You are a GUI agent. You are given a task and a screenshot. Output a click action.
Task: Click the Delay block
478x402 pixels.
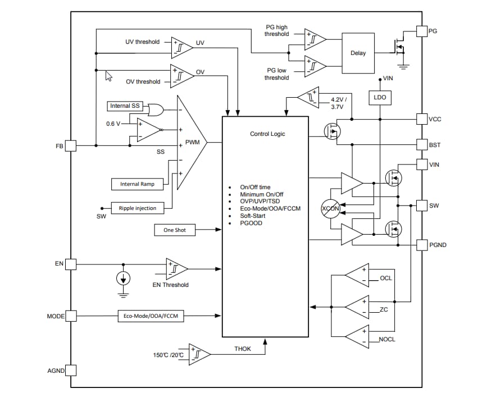tap(358, 53)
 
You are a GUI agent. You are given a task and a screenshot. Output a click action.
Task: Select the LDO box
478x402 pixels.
tap(379, 98)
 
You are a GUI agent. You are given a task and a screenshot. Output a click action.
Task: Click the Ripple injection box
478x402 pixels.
tap(138, 208)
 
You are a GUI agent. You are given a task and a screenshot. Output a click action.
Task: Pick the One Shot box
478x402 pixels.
tap(175, 230)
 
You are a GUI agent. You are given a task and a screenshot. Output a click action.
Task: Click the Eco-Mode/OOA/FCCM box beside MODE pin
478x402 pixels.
tap(150, 316)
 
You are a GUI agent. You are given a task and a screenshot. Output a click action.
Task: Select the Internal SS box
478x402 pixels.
tap(125, 106)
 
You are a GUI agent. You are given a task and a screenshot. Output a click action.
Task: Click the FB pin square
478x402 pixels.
tap(71, 145)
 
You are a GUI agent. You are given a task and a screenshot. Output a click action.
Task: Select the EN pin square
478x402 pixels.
tap(71, 264)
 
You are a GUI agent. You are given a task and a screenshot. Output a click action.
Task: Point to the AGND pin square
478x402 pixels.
tap(71, 371)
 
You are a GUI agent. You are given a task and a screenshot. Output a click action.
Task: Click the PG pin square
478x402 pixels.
tap(421, 30)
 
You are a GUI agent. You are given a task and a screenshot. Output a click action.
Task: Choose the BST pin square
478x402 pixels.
tap(421, 144)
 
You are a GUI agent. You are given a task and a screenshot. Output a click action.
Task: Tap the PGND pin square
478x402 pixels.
tap(421, 245)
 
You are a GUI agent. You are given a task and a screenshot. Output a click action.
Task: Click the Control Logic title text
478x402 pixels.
tap(267, 134)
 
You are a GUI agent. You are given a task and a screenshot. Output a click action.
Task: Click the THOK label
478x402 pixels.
tap(243, 349)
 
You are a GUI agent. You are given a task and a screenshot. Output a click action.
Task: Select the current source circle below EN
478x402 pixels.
tap(124, 278)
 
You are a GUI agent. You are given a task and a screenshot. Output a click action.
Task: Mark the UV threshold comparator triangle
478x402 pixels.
tap(181, 47)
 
